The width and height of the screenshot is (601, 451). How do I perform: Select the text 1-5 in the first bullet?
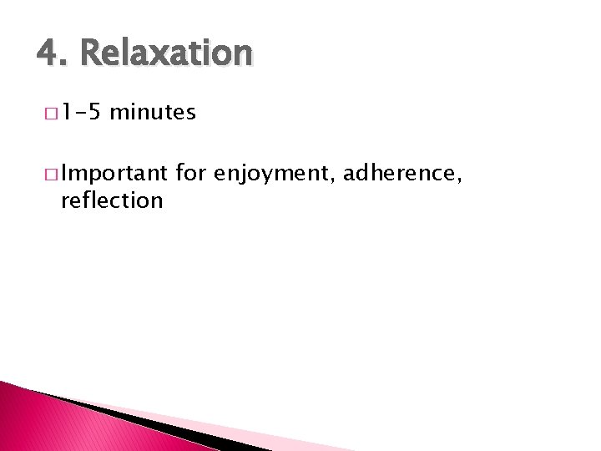[80, 112]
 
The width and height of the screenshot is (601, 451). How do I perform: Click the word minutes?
[152, 112]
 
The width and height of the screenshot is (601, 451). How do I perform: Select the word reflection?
[112, 200]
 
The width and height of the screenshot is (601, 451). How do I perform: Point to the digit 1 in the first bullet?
[66, 112]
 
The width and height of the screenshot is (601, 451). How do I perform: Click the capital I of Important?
[64, 175]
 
